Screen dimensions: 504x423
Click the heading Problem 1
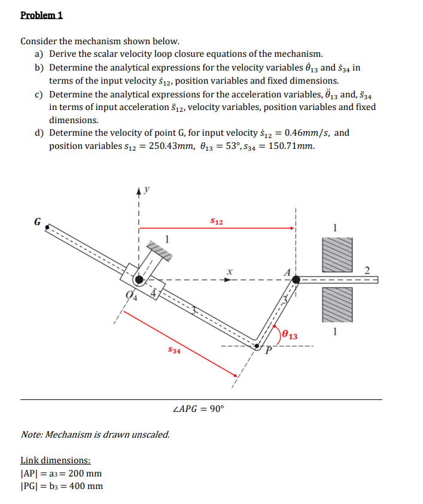[x=42, y=16]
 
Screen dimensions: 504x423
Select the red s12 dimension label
[x=217, y=222]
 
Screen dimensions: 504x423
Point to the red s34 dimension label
[x=173, y=350]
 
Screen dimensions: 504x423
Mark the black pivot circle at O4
[x=139, y=279]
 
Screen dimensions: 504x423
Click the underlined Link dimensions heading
[x=56, y=460]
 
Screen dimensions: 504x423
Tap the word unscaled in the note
[x=148, y=434]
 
